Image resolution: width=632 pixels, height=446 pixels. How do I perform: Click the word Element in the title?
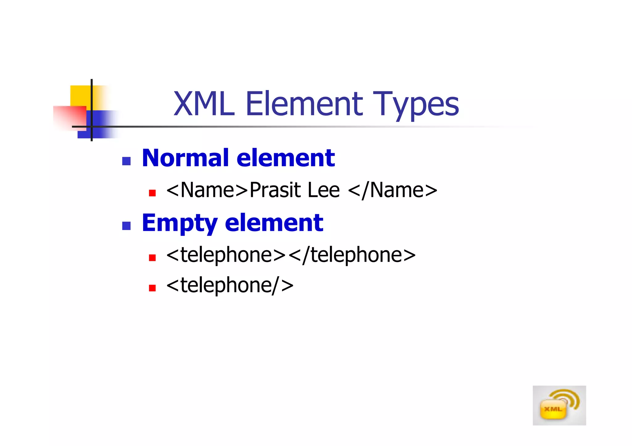(x=304, y=104)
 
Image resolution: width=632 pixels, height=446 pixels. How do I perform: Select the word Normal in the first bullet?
(x=186, y=158)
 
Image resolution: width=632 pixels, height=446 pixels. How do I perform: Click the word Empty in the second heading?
(x=180, y=223)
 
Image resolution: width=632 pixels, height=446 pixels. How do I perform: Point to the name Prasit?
(x=275, y=190)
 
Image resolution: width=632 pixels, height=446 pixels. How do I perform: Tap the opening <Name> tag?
(x=207, y=190)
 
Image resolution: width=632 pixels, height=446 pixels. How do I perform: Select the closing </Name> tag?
(x=393, y=190)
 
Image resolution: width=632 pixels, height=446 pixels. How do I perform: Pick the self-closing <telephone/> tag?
(x=230, y=285)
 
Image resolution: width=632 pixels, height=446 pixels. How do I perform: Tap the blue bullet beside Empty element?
(x=126, y=226)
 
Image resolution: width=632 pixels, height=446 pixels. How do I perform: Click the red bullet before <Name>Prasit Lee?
(x=152, y=193)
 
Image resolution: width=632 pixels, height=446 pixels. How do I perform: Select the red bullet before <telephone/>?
(x=152, y=288)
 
